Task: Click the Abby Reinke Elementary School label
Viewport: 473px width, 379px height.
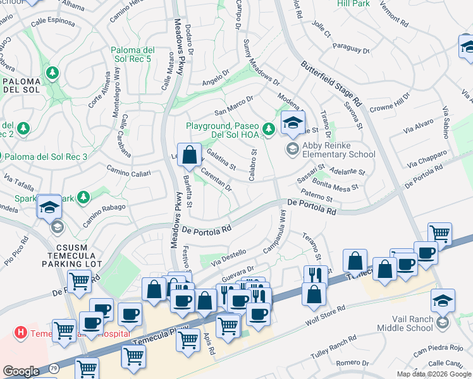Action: [x=339, y=150]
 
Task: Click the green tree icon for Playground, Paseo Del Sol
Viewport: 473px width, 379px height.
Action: [x=269, y=129]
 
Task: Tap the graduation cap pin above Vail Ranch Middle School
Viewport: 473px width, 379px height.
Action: [x=443, y=301]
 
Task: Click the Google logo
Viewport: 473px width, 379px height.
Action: [x=21, y=371]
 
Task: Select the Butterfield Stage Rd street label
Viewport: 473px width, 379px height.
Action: [x=331, y=83]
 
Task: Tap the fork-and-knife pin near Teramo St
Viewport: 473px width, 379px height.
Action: [x=314, y=275]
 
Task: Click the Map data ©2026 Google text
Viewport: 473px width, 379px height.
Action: [x=434, y=374]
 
